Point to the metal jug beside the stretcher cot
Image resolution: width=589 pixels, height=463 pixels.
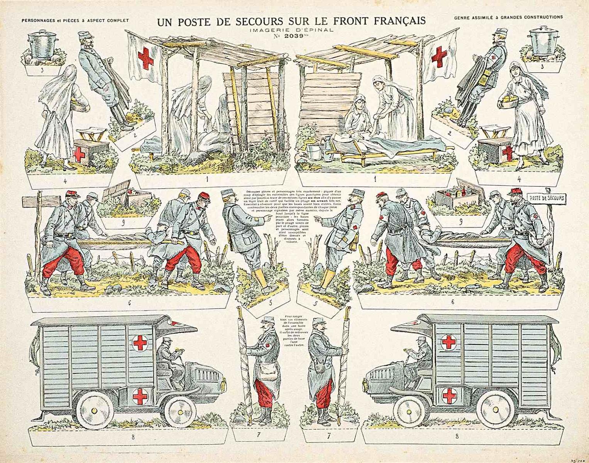coord(327,147)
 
